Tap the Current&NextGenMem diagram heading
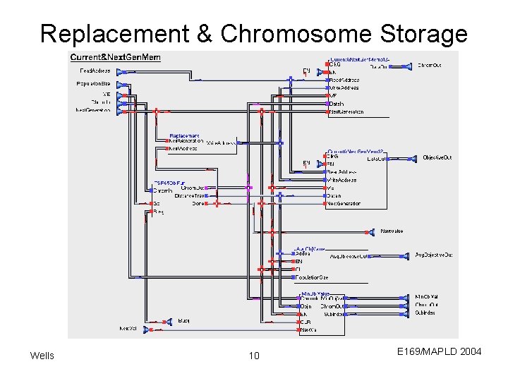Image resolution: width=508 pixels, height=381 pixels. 116,57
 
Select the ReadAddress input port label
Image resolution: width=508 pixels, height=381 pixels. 95,71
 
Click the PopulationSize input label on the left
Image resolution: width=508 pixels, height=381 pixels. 93,84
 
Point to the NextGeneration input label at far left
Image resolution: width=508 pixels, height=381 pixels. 93,110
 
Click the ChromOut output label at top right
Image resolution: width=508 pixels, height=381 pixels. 430,66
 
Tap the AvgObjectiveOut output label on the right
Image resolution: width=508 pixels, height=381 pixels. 434,255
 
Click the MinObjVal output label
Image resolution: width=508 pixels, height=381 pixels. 428,297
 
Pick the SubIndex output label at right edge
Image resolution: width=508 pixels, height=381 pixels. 425,313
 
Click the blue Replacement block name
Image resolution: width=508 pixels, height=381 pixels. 184,135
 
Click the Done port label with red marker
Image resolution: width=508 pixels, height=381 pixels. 198,203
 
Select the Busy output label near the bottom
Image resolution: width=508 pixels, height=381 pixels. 183,322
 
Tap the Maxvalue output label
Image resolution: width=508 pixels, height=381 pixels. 392,231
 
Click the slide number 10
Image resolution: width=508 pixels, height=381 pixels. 254,356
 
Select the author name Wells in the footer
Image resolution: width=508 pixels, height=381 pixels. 42,356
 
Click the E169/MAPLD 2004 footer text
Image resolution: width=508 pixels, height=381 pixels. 439,351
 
